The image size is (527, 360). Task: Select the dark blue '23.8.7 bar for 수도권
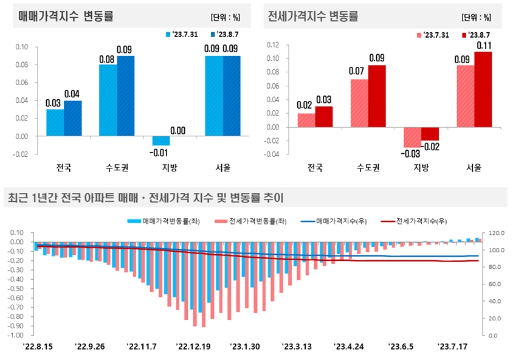[125, 95]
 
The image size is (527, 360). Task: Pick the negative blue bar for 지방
[161, 140]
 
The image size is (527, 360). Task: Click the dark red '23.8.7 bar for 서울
[483, 89]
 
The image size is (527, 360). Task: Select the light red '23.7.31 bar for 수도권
[359, 103]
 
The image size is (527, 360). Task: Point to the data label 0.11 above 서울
[483, 45]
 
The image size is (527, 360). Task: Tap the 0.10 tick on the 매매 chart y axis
[21, 47]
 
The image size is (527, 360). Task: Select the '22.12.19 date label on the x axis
[195, 347]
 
